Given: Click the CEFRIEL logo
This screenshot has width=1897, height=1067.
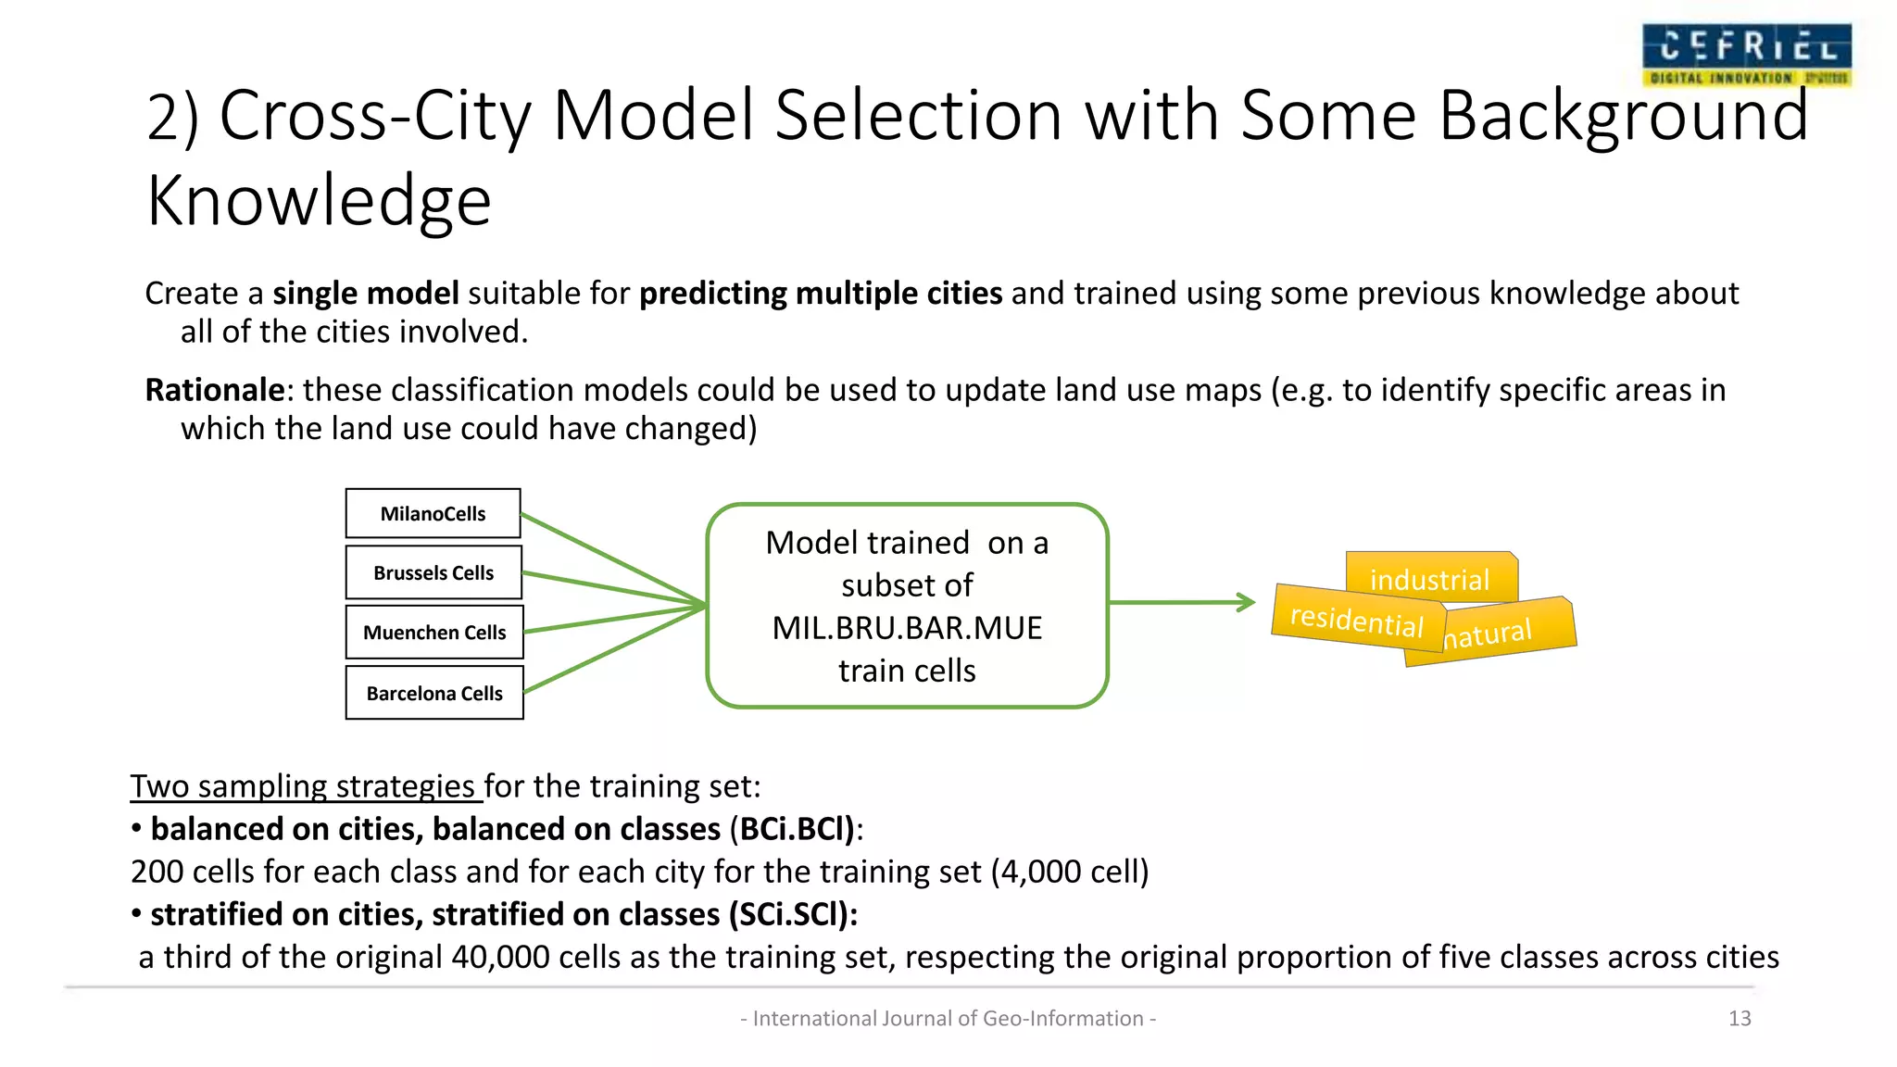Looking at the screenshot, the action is point(1746,56).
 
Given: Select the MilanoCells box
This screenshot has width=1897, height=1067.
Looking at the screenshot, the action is point(433,514).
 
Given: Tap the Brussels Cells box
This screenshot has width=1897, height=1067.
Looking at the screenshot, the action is point(433,573).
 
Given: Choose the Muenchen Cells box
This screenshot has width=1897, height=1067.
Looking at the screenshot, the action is point(434,633).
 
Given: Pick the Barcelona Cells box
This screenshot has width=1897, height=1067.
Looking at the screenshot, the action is point(434,693).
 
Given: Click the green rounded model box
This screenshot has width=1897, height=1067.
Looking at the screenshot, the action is point(907,606).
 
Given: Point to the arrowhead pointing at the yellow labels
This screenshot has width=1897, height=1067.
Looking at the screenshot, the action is point(1247,603).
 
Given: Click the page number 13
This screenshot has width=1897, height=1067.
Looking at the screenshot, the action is point(1740,1019).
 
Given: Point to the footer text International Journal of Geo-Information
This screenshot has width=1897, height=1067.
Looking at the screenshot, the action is point(948,1019).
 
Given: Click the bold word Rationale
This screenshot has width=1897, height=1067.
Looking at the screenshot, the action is point(214,390).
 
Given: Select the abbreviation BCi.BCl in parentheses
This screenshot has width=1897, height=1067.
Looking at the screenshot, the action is point(791,829).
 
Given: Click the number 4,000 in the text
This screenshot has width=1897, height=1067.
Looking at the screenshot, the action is point(1041,872).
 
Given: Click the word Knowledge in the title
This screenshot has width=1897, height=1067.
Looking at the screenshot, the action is point(319,201).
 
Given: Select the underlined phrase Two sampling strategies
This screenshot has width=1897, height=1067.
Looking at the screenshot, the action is point(303,786).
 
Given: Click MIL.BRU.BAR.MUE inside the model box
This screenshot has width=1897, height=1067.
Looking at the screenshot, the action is point(907,628).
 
